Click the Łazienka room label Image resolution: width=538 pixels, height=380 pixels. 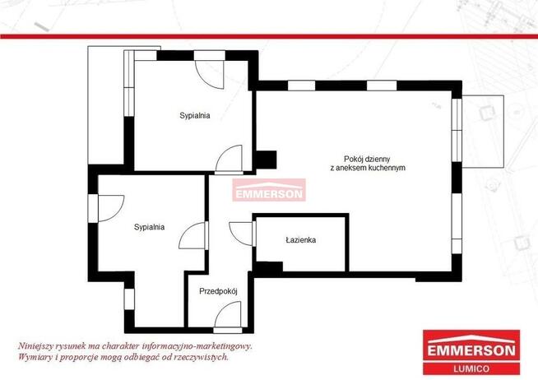[300, 240]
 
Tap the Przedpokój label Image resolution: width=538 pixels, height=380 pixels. [218, 291]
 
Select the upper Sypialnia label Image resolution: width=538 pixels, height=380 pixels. [194, 116]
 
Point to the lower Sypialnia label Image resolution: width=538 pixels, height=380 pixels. [149, 227]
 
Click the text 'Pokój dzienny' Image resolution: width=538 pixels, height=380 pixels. [367, 159]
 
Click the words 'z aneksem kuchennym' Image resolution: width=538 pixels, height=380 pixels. [368, 168]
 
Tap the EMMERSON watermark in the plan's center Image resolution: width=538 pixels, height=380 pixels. [269, 190]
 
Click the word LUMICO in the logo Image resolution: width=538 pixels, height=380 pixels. [471, 369]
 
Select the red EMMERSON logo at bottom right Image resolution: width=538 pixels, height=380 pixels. [471, 352]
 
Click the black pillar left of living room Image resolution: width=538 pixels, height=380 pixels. [267, 160]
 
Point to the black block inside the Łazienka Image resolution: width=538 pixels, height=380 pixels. [269, 266]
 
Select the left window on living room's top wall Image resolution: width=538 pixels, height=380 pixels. [301, 86]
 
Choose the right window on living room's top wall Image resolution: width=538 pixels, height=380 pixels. [382, 86]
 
